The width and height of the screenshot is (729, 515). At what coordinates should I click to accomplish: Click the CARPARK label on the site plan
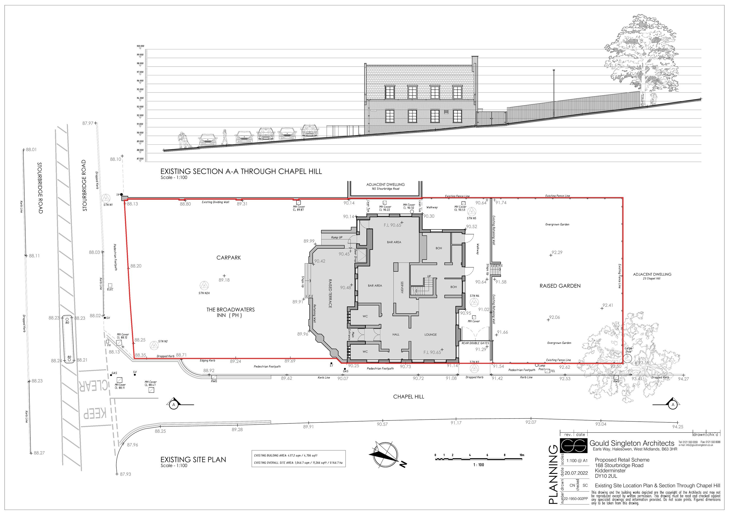pos(229,258)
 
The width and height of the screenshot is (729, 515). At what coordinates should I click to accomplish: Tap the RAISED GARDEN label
pos(560,286)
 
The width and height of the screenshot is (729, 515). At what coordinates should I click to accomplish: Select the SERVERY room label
pos(402,287)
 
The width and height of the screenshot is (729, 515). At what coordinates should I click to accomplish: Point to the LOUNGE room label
pos(431,334)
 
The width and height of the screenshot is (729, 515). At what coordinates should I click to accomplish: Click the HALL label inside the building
pos(396,334)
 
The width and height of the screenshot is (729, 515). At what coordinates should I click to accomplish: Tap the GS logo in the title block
pos(573,445)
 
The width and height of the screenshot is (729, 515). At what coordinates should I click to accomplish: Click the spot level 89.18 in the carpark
pos(224,280)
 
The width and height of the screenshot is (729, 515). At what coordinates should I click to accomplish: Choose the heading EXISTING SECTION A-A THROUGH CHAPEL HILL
pos(241,171)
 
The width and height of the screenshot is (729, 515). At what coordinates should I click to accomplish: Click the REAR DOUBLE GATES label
pos(475,343)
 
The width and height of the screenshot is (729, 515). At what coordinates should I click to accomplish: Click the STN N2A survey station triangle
pos(204,285)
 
